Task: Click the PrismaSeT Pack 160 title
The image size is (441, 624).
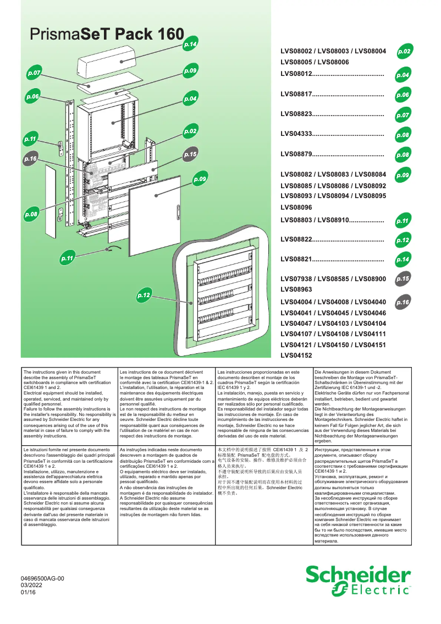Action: pyautogui.click(x=107, y=35)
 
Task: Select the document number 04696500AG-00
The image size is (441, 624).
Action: pyautogui.click(x=42, y=579)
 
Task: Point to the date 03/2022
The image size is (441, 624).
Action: pyautogui.click(x=31, y=585)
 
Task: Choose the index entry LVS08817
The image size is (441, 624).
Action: pyautogui.click(x=296, y=95)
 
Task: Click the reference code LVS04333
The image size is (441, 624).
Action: pyautogui.click(x=296, y=134)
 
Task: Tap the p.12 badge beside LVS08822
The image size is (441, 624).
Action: pyautogui.click(x=403, y=240)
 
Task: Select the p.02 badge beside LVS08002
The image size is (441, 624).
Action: pyautogui.click(x=404, y=52)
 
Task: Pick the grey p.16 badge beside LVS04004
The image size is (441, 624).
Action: pyautogui.click(x=403, y=302)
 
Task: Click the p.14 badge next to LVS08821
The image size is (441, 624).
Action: pyautogui.click(x=403, y=260)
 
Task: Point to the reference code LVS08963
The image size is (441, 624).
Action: pyautogui.click(x=296, y=289)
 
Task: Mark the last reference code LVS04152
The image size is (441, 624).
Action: pyautogui.click(x=296, y=356)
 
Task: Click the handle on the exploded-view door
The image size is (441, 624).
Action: pyautogui.click(x=178, y=210)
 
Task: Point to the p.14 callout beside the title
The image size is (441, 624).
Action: pyautogui.click(x=190, y=43)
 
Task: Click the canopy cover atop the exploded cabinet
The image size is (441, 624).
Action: pyautogui.click(x=106, y=63)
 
